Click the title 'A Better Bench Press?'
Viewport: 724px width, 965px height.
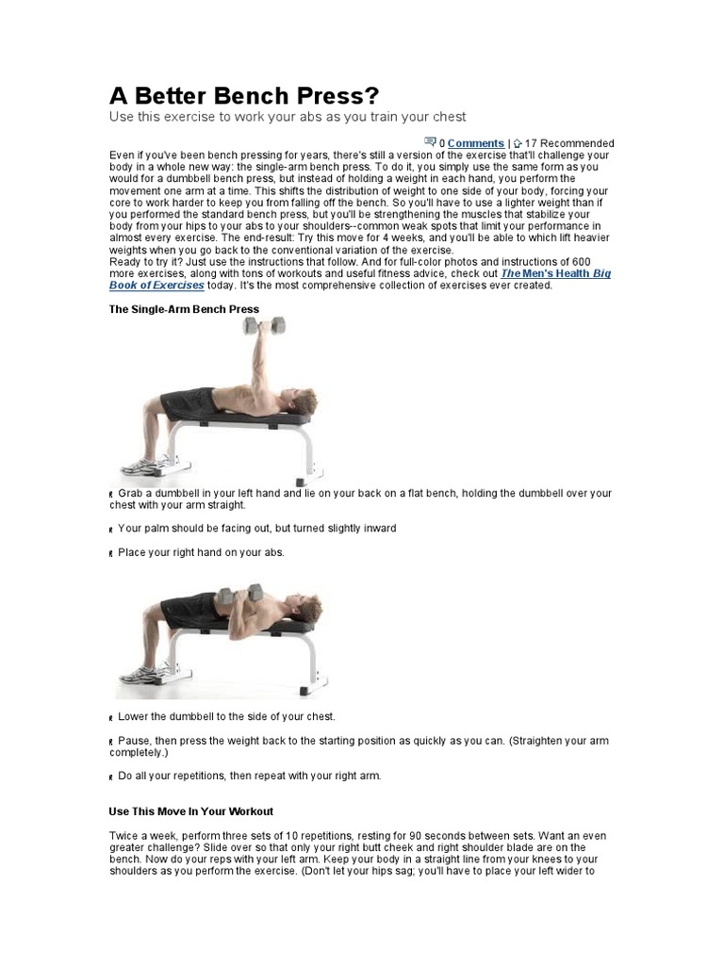243,96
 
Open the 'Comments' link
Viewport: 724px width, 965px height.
476,143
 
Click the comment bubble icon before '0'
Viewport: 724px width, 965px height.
430,142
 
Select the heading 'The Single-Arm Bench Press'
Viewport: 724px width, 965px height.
184,309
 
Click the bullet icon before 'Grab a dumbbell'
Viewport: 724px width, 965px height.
112,495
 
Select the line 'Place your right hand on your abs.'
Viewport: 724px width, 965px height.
201,552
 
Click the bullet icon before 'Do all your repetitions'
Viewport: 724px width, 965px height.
112,777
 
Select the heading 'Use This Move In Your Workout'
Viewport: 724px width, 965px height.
190,810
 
